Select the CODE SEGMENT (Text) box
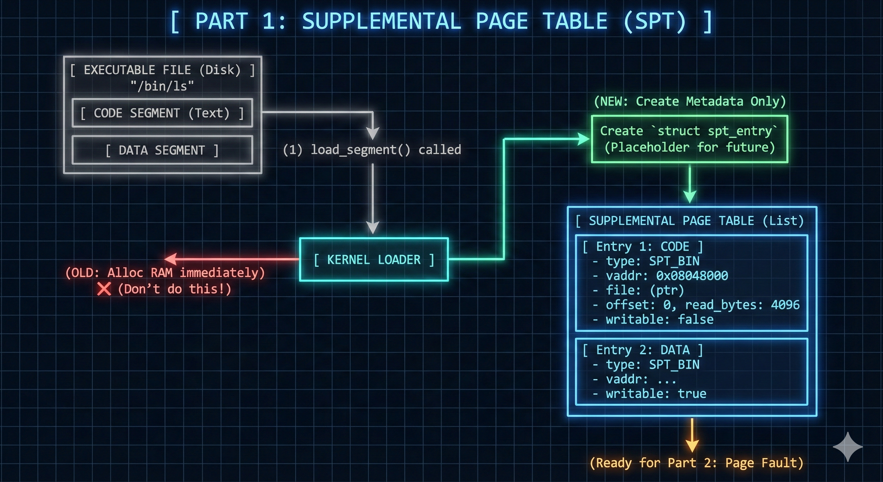pyautogui.click(x=162, y=113)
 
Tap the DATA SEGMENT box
pyautogui.click(x=162, y=150)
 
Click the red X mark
pyautogui.click(x=104, y=289)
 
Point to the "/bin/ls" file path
pyautogui.click(x=162, y=86)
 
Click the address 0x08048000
pyautogui.click(x=692, y=276)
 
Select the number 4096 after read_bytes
pyautogui.click(x=785, y=305)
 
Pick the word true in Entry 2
pyautogui.click(x=692, y=394)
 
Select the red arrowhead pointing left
pyautogui.click(x=171, y=259)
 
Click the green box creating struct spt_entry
pyautogui.click(x=689, y=139)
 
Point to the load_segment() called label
pyautogui.click(x=372, y=150)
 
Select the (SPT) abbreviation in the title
pyautogui.click(x=655, y=21)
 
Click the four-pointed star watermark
pyautogui.click(x=847, y=447)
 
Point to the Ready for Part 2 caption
pyautogui.click(x=696, y=463)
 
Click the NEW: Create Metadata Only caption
pyautogui.click(x=690, y=101)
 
